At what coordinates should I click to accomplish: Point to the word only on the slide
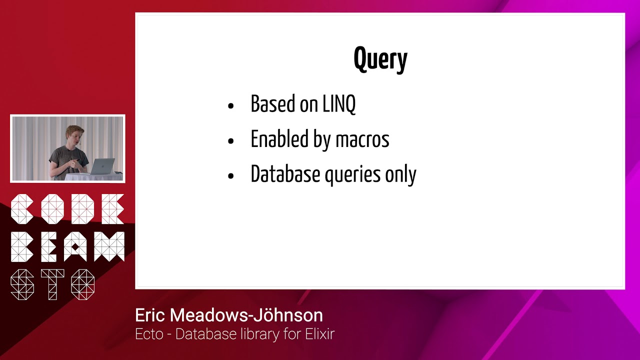point(400,174)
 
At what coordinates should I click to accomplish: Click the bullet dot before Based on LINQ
point(230,105)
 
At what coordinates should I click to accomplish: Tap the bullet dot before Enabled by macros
point(230,141)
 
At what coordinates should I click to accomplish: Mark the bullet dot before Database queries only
point(230,176)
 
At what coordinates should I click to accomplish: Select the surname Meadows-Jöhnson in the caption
point(246,315)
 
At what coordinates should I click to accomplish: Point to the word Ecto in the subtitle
point(149,334)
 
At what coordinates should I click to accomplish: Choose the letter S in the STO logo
point(22,284)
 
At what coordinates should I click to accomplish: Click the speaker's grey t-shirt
point(70,159)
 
